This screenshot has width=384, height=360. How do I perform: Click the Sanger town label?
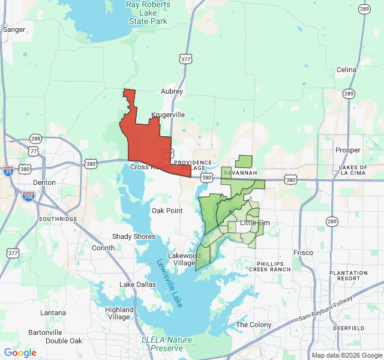click(14, 29)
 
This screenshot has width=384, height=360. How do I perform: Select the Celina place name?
click(346, 70)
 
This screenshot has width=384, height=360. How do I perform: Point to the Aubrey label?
click(172, 92)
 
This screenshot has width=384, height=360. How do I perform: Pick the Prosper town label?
click(348, 150)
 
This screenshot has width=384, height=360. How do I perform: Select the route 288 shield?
click(35, 139)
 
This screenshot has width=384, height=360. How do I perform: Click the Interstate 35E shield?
click(28, 196)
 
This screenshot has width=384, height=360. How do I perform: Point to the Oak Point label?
click(167, 211)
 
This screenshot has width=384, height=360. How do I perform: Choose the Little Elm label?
click(254, 223)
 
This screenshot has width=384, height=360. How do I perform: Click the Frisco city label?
click(303, 253)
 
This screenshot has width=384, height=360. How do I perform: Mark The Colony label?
click(254, 325)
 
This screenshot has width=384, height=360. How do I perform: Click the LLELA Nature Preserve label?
click(167, 344)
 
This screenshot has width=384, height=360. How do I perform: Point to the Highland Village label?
click(119, 313)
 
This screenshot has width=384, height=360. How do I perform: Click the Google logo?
click(20, 353)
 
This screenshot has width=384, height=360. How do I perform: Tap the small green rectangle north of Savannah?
click(244, 161)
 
